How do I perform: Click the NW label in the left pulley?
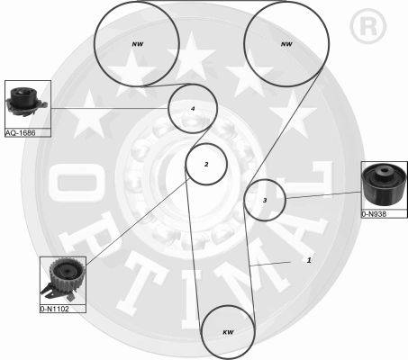tap(138, 44)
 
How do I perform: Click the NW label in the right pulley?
tap(286, 44)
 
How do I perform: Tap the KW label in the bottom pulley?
tap(228, 332)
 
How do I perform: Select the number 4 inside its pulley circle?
tap(193, 109)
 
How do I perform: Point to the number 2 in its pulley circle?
tap(206, 164)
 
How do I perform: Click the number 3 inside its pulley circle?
tap(265, 200)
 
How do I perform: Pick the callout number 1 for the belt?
tap(309, 260)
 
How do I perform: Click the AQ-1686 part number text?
tap(21, 132)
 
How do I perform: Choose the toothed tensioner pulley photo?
tap(63, 280)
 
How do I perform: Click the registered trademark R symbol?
tap(368, 26)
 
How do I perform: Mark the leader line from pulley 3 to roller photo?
tap(323, 195)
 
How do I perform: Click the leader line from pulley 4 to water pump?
tap(110, 108)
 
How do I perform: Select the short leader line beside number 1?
tap(270, 264)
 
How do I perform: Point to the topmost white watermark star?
tap(191, 57)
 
